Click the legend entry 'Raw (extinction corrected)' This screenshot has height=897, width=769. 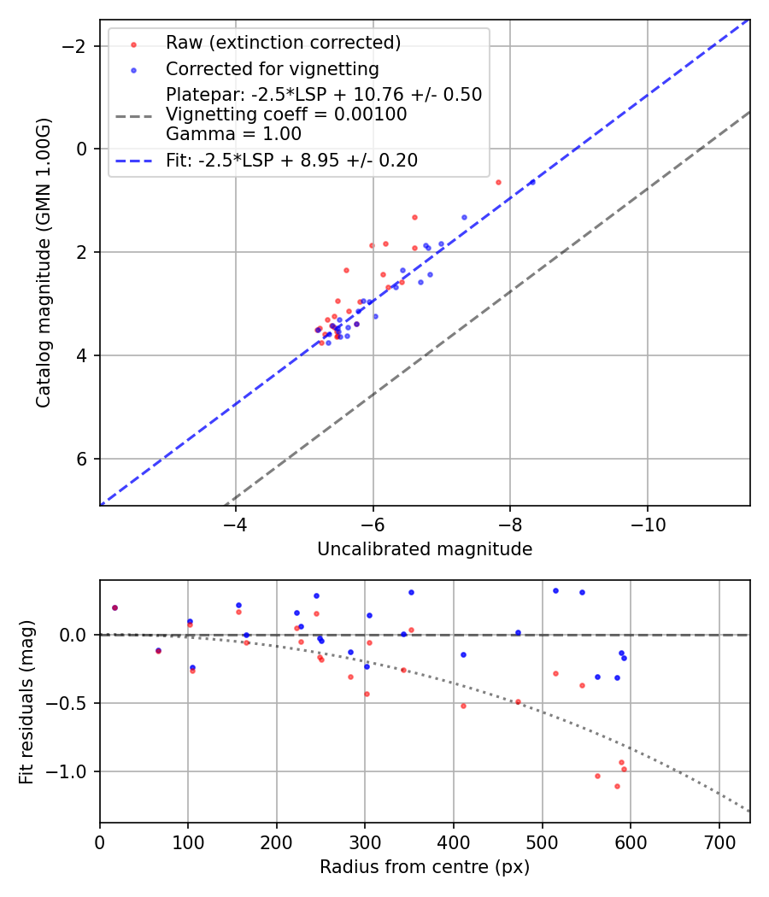(283, 43)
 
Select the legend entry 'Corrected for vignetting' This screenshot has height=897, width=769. (272, 68)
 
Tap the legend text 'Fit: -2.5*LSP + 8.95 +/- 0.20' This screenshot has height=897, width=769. (291, 161)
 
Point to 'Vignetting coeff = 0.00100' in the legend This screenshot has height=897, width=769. (286, 114)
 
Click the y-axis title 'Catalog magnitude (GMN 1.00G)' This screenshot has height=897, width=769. (44, 262)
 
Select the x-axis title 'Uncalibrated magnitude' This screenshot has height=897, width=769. (425, 549)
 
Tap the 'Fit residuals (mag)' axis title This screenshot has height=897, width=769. (26, 701)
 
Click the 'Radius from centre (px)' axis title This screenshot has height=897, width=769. (425, 867)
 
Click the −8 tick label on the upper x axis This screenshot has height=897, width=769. (509, 523)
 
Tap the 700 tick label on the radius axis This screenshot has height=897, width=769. (719, 841)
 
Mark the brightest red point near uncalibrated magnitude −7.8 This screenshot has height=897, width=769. (498, 182)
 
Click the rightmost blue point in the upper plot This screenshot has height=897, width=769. (531, 182)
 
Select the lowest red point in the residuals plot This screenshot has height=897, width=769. (617, 786)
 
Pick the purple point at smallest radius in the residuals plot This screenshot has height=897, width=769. (114, 607)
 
